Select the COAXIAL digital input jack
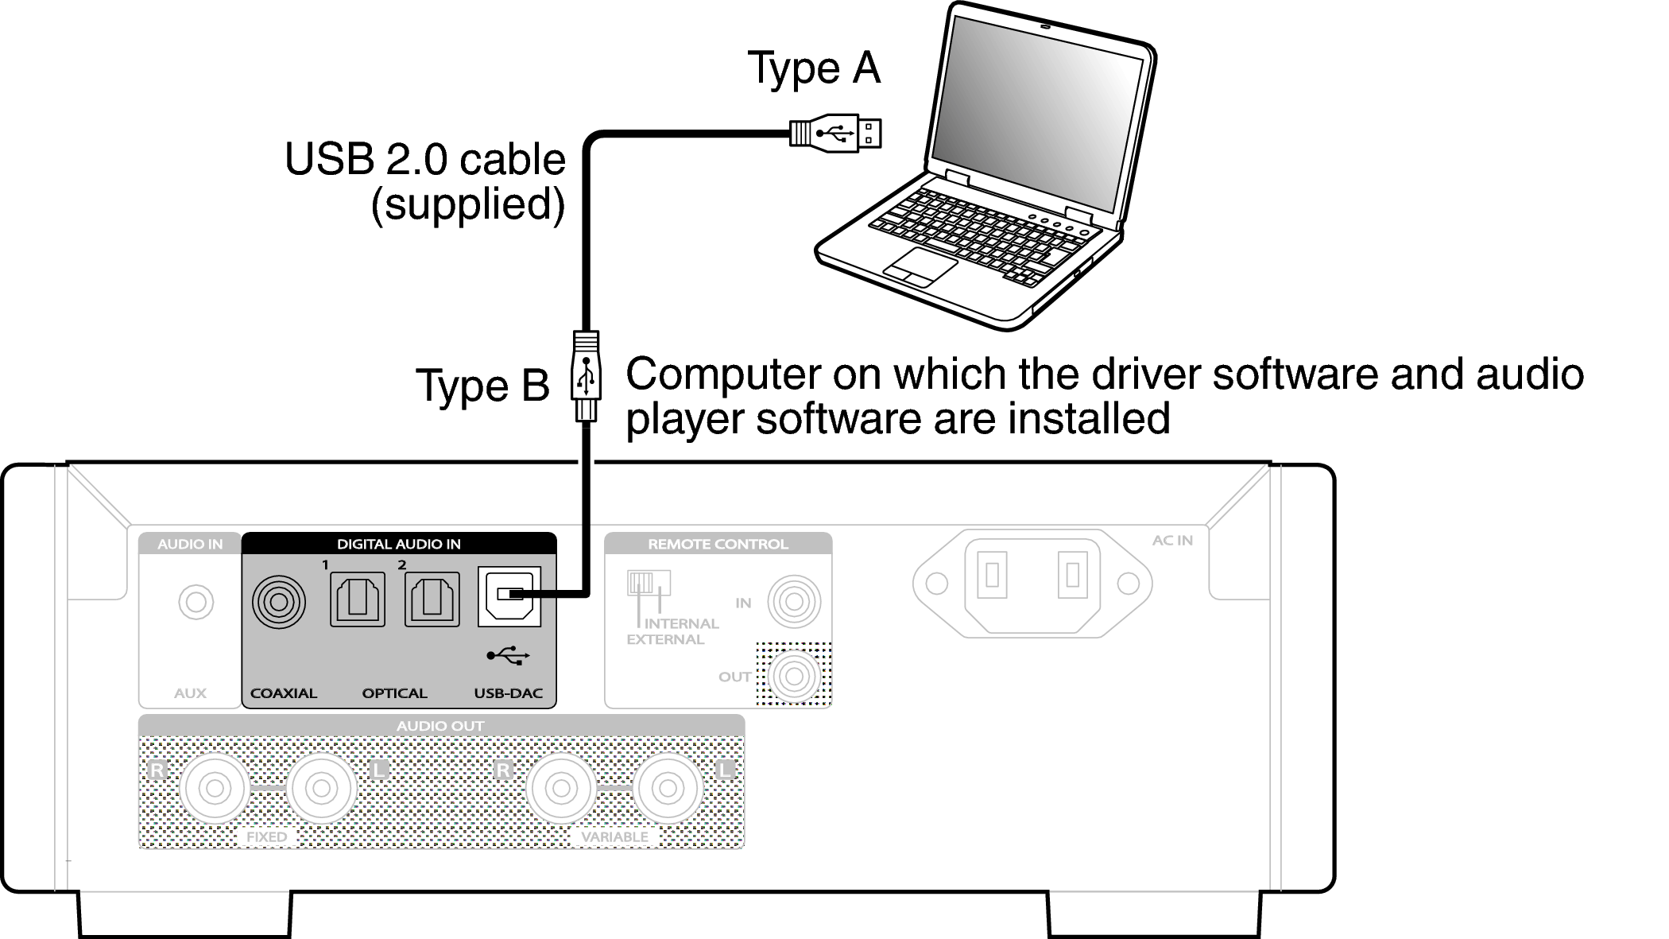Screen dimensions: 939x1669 pos(278,602)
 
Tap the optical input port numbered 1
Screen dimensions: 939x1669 pos(358,599)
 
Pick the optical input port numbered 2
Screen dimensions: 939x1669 pos(432,599)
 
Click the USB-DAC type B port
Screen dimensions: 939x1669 pos(509,596)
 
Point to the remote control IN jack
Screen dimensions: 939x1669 pos(794,602)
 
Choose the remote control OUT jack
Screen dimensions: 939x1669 pos(794,676)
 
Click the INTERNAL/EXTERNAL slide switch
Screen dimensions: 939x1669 pos(649,583)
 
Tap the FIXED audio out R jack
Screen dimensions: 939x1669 pos(215,789)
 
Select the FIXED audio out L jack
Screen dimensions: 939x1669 pos(321,789)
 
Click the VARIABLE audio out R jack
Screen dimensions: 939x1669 pos(561,789)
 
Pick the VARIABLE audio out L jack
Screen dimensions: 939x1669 pos(668,789)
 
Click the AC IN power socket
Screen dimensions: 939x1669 pos(1032,583)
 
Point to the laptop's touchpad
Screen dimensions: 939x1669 pos(920,266)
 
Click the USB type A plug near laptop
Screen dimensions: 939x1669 pos(835,133)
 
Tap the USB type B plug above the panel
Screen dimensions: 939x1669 pos(586,374)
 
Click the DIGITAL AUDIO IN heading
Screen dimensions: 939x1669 pos(398,544)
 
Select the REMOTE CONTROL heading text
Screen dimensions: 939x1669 pos(718,544)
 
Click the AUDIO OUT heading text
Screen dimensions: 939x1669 pos(440,725)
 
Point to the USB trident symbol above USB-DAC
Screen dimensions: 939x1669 pos(509,656)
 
